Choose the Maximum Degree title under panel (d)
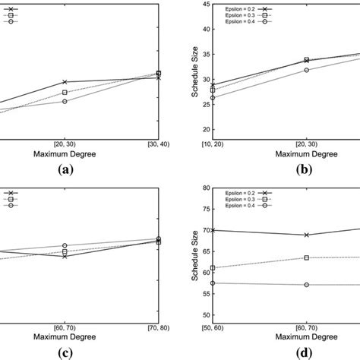(x=296, y=335)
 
